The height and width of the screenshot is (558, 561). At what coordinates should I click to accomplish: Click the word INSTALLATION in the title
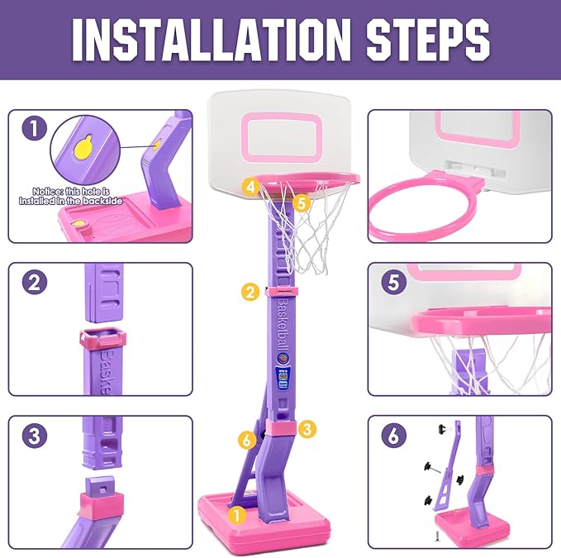click(188, 39)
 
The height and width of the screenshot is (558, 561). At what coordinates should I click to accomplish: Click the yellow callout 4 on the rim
click(250, 187)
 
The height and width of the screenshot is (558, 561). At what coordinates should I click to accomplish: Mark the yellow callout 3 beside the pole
click(307, 428)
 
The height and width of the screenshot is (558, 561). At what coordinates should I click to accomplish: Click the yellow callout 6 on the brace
click(245, 440)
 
